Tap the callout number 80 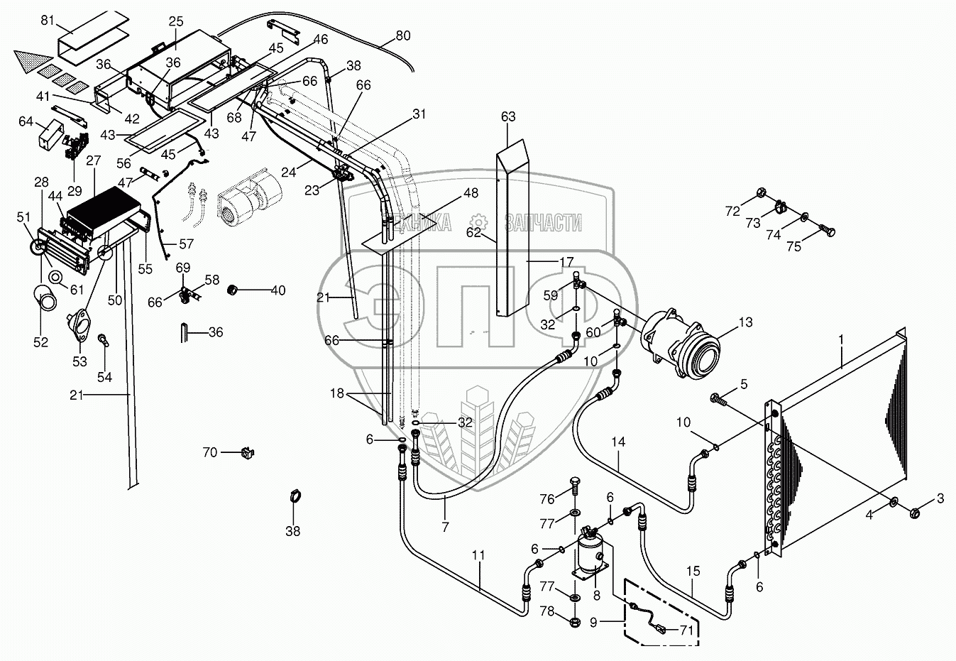(x=402, y=35)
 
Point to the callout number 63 (x=508, y=116)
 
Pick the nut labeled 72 (x=760, y=193)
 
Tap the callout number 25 (x=176, y=21)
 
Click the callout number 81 (x=48, y=20)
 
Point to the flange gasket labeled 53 (x=79, y=327)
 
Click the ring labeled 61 (x=55, y=277)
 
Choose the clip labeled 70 (x=248, y=452)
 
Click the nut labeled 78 (x=574, y=622)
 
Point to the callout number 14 (x=618, y=442)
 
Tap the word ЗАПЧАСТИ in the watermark (x=544, y=222)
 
